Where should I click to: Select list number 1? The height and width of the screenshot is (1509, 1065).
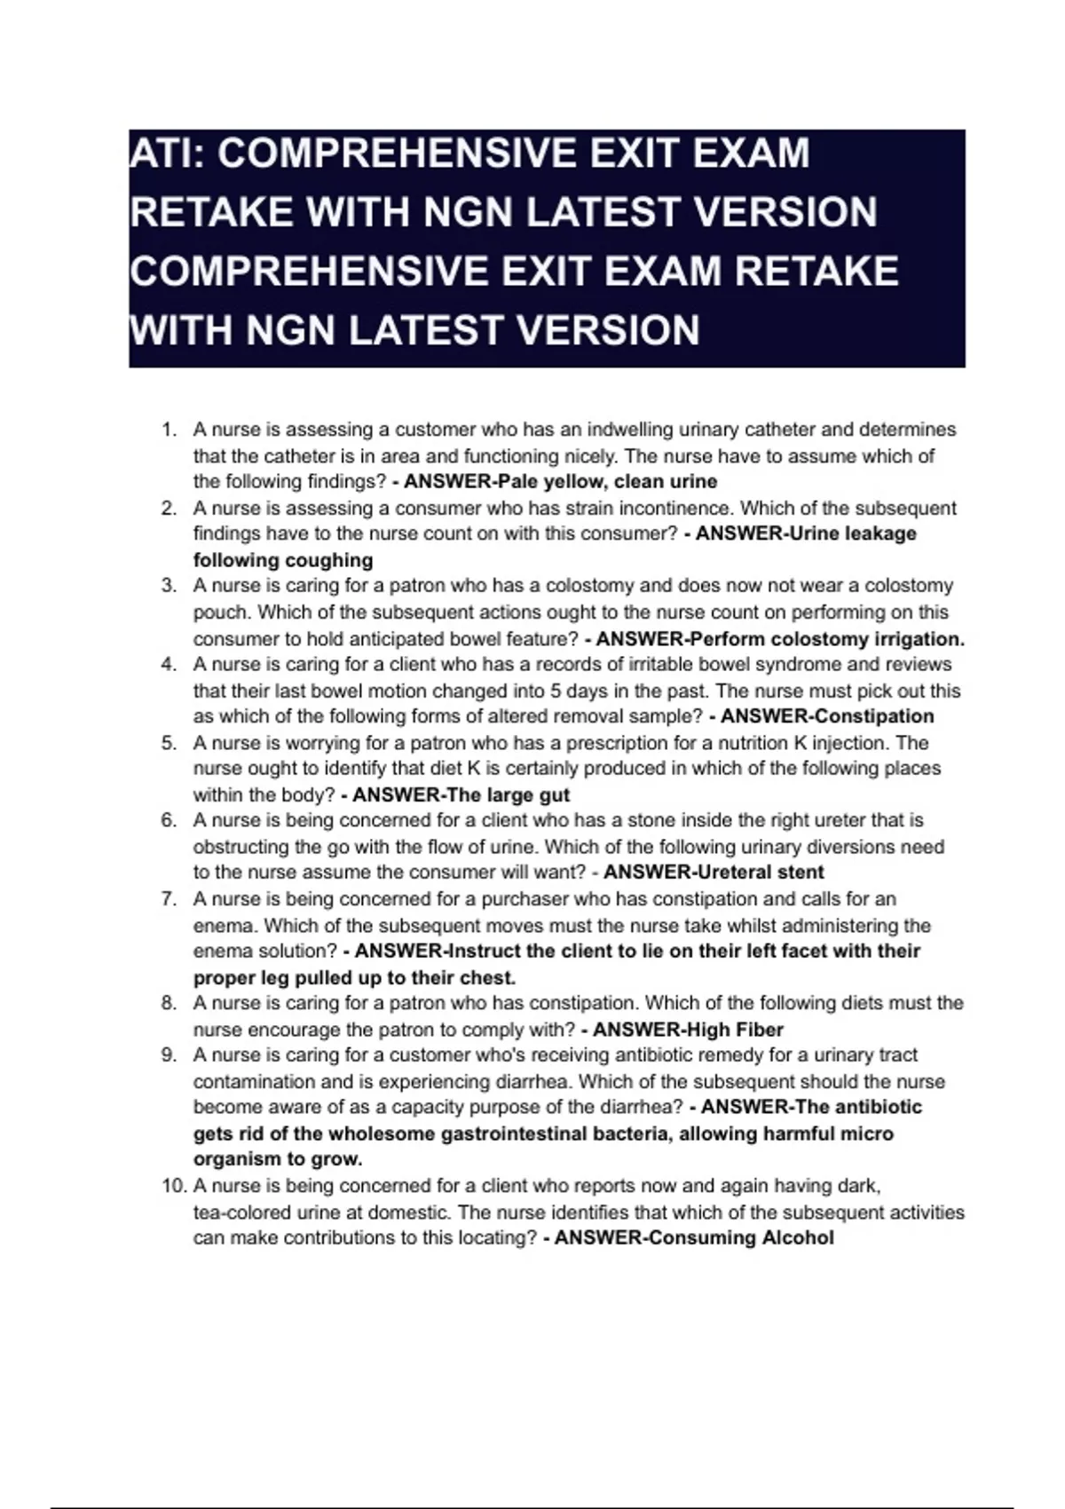169,431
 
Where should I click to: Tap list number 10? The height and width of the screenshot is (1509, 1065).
172,1186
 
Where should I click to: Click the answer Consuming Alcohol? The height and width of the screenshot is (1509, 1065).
741,1238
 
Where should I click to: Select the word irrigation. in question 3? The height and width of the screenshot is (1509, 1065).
919,639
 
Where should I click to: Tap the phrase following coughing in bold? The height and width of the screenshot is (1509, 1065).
283,560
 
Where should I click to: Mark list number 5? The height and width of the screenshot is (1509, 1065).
169,743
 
